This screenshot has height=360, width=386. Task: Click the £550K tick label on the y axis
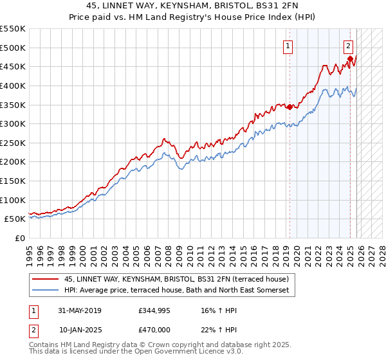(13, 29)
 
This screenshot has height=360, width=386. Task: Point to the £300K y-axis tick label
(13, 123)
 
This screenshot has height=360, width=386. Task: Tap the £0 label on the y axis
(20, 238)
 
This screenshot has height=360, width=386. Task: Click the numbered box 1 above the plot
(287, 46)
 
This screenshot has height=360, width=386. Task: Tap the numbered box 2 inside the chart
(348, 46)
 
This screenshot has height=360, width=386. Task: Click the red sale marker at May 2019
(289, 107)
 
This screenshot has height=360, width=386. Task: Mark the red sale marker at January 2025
(351, 59)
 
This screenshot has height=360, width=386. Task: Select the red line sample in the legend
(45, 279)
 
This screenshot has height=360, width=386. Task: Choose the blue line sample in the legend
(45, 291)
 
